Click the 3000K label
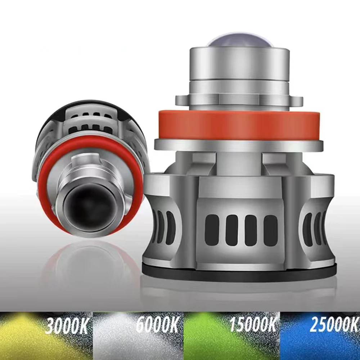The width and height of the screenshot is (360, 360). [x=67, y=326]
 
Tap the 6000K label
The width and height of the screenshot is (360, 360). [x=157, y=326]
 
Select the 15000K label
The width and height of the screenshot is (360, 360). [x=253, y=325]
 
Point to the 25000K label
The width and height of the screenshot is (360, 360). [x=334, y=325]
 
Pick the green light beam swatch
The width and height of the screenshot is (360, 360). [x=209, y=338]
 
